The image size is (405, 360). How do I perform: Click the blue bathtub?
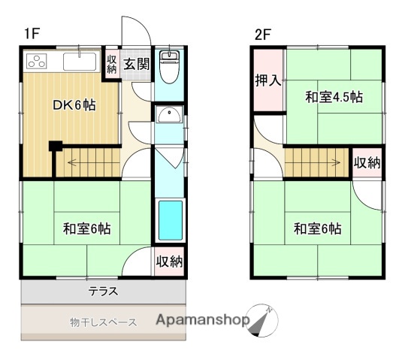tap(170, 221)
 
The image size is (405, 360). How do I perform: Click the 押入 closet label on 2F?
tap(268, 80)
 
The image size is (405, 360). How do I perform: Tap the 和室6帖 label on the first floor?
tap(86, 228)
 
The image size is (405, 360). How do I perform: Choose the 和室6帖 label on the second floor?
tap(317, 228)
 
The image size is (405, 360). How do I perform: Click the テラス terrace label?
tap(103, 290)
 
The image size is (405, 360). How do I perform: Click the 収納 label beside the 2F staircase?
tap(367, 163)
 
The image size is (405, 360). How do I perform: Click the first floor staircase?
tap(88, 162)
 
